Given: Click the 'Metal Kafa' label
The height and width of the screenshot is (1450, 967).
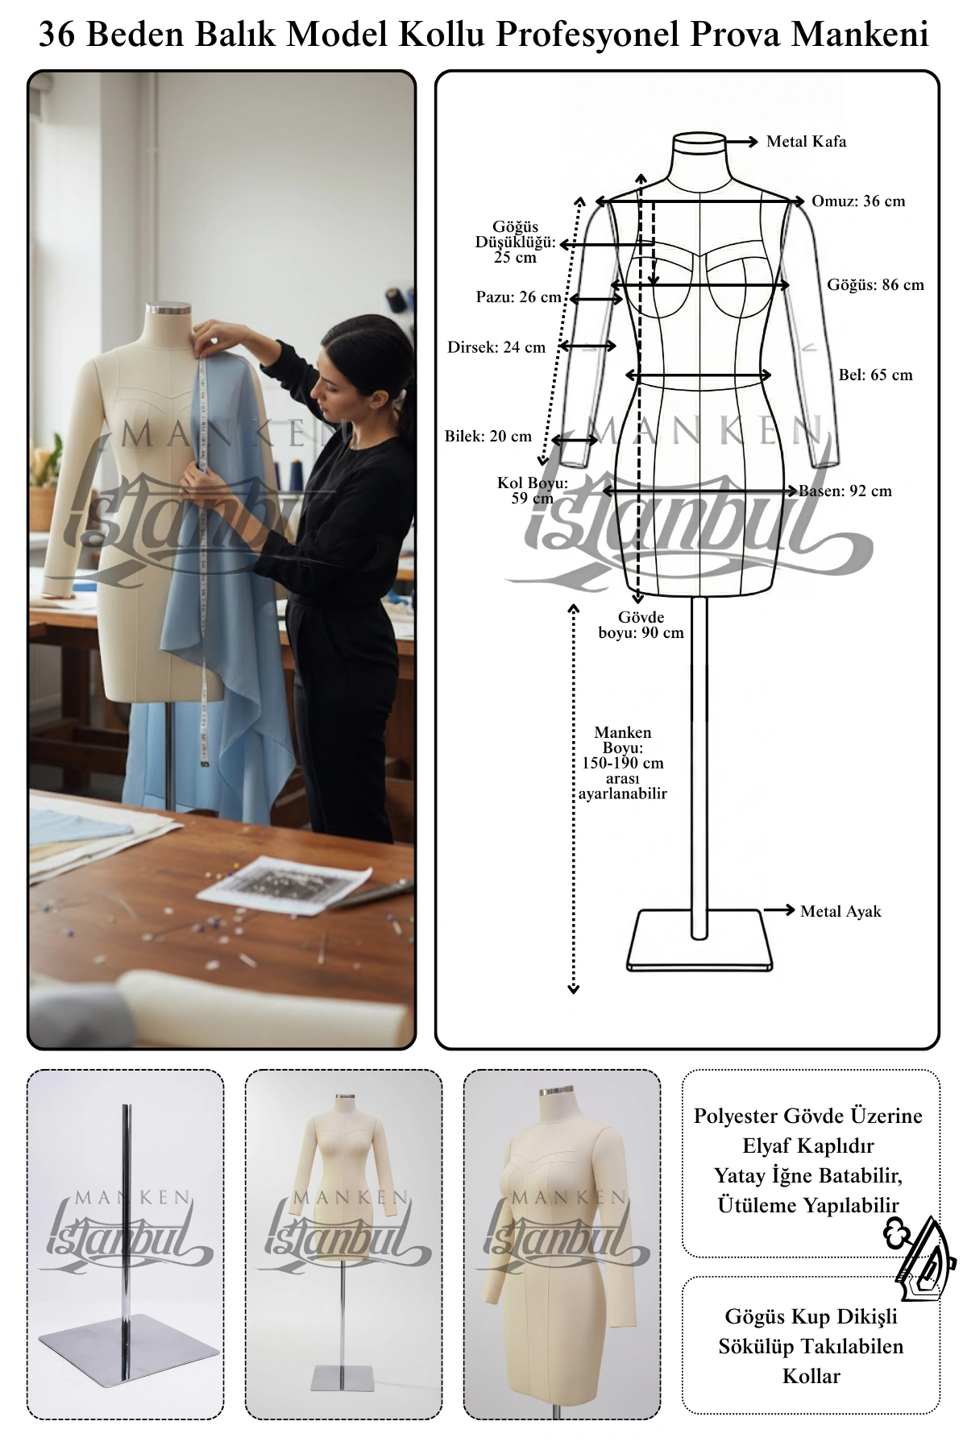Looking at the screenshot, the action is point(806,142).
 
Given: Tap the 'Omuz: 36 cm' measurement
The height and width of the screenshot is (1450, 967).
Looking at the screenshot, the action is point(858,201).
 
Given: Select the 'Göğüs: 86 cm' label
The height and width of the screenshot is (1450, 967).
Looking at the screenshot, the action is point(875,284).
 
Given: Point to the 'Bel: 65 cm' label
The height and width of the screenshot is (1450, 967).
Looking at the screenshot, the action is point(875,375).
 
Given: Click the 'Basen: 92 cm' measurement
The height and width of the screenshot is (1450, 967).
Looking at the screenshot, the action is point(845,491).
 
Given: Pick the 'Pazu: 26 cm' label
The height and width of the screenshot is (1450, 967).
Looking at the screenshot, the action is point(518,297).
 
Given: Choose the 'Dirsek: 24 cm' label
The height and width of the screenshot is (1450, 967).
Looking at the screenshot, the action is point(496,348).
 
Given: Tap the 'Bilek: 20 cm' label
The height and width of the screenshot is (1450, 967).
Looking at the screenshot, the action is point(488,437).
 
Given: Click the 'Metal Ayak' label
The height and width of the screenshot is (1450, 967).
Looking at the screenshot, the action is point(840,912).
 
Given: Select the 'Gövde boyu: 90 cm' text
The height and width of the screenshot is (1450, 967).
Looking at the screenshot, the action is point(641,625).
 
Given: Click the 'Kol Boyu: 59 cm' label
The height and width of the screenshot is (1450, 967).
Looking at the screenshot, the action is point(533,491).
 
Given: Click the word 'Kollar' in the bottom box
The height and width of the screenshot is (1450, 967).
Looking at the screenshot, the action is point(811,1376).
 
